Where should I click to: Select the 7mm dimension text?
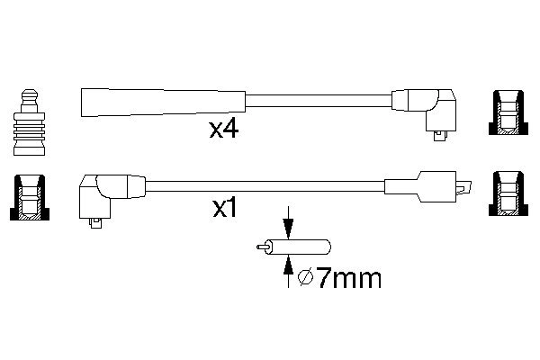coord(346,278)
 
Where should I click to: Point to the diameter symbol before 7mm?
coord(305,279)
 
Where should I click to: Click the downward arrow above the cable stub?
coord(288,226)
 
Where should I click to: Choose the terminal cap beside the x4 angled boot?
coord(505,114)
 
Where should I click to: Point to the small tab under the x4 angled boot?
coord(439,135)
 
